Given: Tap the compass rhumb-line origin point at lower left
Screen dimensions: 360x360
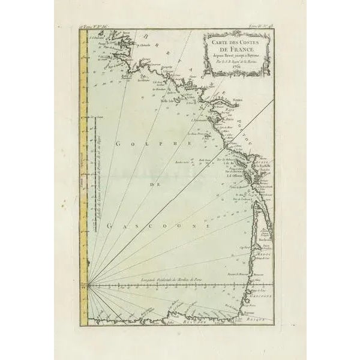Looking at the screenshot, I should pyautogui.click(x=89, y=286).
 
